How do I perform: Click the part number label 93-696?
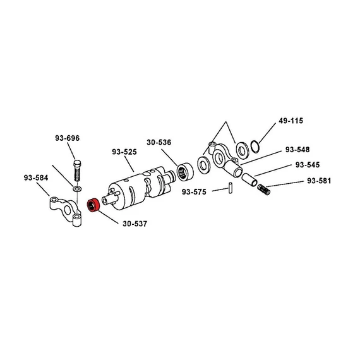[67, 138]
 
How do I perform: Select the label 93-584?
[36, 177]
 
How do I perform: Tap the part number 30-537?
[135, 224]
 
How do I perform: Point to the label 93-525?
[124, 152]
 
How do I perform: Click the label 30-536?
[159, 142]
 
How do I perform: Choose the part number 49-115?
[291, 121]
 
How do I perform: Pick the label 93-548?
[297, 150]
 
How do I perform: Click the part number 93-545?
[308, 165]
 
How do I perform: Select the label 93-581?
[319, 181]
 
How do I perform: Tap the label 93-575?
[194, 192]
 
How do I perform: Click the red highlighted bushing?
[93, 205]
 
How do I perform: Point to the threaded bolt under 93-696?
[77, 171]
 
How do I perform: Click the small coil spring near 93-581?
[263, 189]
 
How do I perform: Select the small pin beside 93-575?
[231, 188]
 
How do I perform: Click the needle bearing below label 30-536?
[185, 172]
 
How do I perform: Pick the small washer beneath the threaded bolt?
[77, 189]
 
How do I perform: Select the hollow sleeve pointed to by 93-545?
[249, 180]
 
